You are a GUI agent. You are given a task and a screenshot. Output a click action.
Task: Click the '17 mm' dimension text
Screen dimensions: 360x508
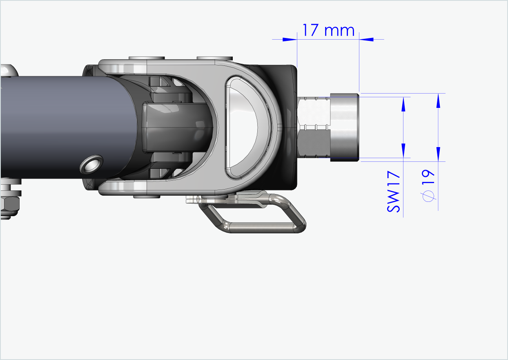(x=328, y=30)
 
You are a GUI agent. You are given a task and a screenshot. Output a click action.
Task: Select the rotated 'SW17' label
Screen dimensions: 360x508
(x=394, y=192)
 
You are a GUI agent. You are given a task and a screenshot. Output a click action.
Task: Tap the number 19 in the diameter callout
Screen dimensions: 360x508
(x=429, y=179)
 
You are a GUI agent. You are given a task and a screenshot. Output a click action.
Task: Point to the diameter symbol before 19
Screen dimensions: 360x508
(x=428, y=197)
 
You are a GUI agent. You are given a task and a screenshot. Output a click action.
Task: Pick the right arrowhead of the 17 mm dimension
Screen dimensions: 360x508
(x=367, y=39)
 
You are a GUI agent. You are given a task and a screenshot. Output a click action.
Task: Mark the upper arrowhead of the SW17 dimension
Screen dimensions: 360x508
(x=403, y=105)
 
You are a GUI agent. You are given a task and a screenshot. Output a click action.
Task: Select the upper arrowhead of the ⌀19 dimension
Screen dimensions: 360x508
(x=439, y=101)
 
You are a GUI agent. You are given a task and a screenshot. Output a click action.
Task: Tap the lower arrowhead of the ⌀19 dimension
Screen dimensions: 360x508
(x=439, y=154)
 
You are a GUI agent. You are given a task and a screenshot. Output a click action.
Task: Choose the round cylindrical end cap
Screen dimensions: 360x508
(x=344, y=127)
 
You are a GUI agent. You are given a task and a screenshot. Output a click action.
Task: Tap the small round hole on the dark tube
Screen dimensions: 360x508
(x=91, y=164)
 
